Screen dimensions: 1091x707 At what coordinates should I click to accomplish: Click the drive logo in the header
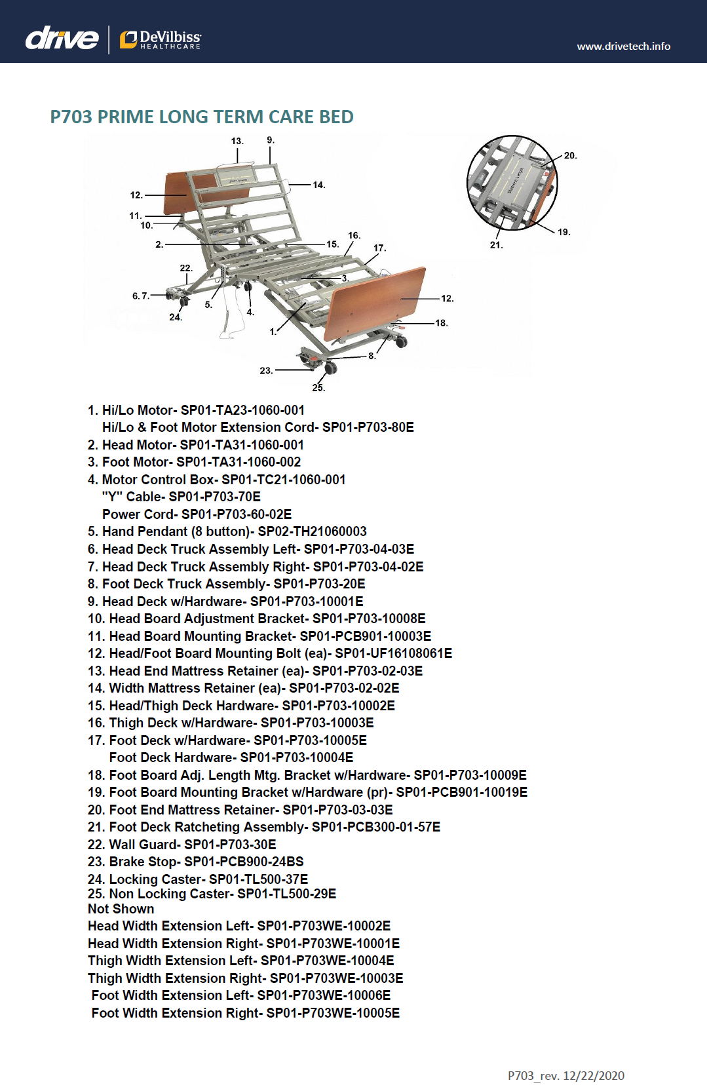click(62, 39)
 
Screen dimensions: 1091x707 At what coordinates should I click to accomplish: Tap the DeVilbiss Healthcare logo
click(161, 39)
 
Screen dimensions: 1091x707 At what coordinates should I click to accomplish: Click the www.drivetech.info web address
click(623, 46)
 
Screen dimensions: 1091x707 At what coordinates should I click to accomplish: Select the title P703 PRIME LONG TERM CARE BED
click(202, 117)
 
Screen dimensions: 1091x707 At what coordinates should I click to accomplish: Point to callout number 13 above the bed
click(237, 141)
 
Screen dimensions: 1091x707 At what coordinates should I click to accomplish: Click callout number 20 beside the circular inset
click(570, 156)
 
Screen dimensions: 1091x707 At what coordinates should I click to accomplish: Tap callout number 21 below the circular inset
click(496, 245)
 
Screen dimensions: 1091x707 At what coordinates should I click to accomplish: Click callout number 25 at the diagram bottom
click(318, 388)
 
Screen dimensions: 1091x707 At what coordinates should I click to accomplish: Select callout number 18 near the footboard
click(442, 323)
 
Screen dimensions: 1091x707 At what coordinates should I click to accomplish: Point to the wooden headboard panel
click(190, 189)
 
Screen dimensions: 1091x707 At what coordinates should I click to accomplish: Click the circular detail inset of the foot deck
click(512, 183)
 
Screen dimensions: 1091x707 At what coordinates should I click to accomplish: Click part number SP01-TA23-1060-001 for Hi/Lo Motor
click(242, 410)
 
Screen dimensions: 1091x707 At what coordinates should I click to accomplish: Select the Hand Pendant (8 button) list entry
click(227, 531)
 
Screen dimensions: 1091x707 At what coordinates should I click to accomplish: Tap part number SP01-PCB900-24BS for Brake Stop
click(244, 862)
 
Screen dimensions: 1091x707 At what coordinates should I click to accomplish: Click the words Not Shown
click(121, 909)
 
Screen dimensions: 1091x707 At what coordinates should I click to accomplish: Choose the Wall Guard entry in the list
click(182, 845)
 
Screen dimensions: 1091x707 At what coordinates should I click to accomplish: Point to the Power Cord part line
click(197, 514)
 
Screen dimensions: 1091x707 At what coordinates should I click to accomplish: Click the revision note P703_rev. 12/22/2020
click(565, 1075)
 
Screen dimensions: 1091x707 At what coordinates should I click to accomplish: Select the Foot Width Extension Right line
click(245, 1013)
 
